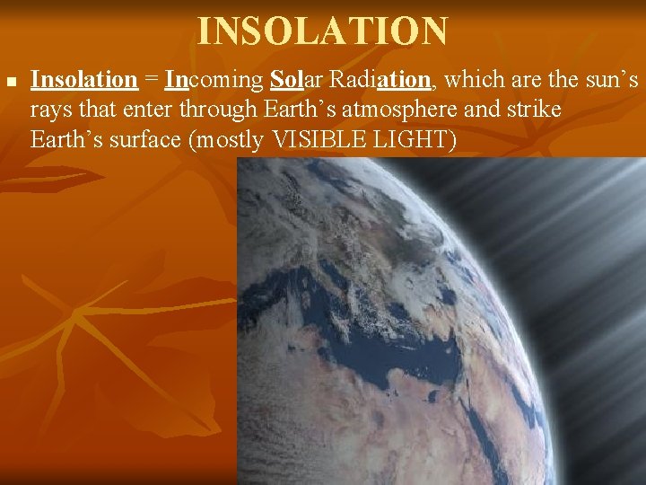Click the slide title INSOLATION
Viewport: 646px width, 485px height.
(x=322, y=31)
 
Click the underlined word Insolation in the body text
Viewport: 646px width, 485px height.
(x=83, y=80)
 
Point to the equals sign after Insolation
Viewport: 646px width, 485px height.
(x=151, y=80)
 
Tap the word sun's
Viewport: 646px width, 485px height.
(x=610, y=80)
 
